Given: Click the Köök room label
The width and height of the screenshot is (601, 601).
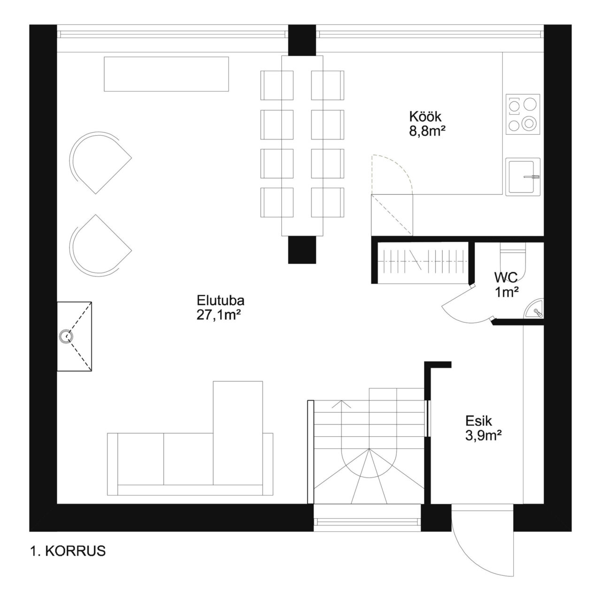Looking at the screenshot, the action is (425, 116).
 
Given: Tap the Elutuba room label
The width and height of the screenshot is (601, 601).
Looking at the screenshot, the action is (221, 300).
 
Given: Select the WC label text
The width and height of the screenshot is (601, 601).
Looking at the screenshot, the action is (506, 277).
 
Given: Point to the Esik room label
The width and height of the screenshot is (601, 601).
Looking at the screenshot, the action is (479, 421).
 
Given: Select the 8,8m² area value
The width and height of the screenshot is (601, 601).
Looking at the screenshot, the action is (427, 131).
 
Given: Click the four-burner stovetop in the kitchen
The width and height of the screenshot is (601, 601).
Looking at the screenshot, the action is (523, 114).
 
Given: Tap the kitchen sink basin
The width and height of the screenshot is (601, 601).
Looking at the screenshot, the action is (523, 177).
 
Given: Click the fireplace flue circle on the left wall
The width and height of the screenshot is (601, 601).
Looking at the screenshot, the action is (66, 336).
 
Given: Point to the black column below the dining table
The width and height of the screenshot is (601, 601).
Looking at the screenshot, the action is (302, 250).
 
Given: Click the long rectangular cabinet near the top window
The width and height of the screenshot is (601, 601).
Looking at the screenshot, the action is (166, 74).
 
